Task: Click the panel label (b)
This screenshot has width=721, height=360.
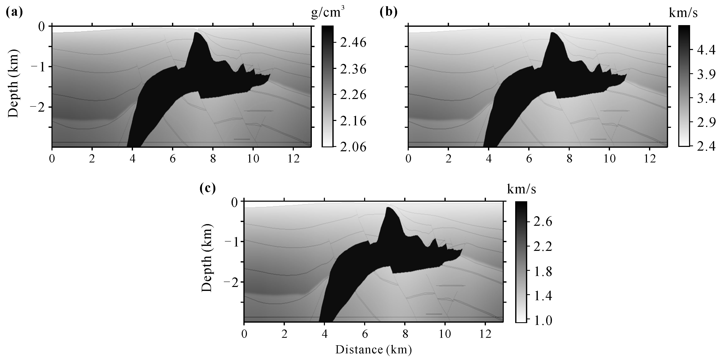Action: (x=388, y=13)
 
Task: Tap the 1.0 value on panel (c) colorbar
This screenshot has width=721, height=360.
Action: (x=543, y=321)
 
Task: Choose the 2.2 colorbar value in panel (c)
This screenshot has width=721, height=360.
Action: (x=543, y=247)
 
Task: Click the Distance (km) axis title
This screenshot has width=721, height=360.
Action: (x=373, y=350)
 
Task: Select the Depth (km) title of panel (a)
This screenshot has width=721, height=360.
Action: (x=13, y=84)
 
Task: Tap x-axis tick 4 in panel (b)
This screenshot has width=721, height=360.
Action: (x=489, y=159)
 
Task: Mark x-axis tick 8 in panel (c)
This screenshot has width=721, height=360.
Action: (x=405, y=334)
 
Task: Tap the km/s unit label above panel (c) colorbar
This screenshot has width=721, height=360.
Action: (x=521, y=189)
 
